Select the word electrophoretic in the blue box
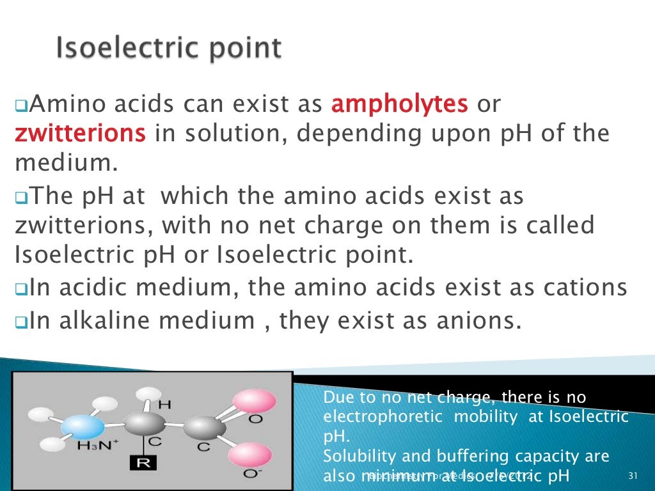click(x=383, y=417)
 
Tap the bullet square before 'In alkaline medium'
click(x=20, y=322)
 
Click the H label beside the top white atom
click(x=164, y=405)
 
